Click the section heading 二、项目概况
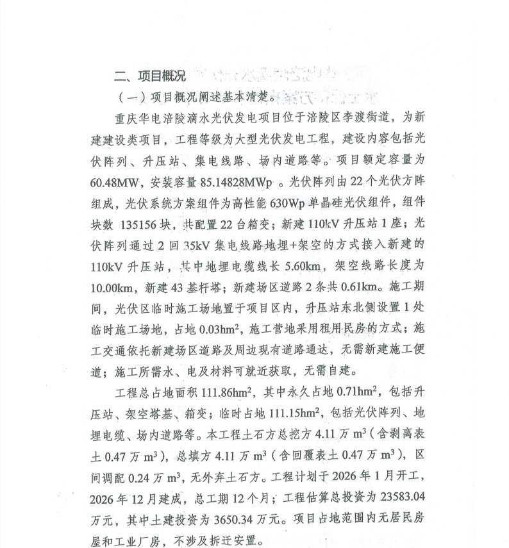(x=149, y=76)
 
